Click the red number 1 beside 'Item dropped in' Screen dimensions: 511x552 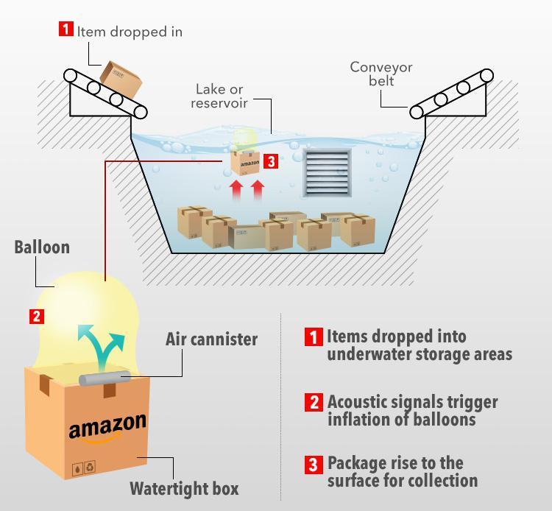[x=66, y=30]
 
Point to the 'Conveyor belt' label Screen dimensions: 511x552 [x=381, y=74]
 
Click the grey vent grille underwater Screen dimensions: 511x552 [x=326, y=173]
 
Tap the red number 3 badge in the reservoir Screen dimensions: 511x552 [x=271, y=161]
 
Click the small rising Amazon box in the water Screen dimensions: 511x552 [x=246, y=161]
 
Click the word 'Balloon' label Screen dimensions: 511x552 [x=42, y=247]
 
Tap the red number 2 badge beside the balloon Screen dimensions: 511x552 [x=37, y=317]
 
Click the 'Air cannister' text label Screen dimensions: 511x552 [x=211, y=339]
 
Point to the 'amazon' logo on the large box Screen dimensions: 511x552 [x=107, y=427]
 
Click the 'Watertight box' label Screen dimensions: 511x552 [x=184, y=488]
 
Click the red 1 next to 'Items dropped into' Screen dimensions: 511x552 [x=314, y=337]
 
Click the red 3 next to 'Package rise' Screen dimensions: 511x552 [x=314, y=465]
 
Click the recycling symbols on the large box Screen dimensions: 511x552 [x=83, y=468]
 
